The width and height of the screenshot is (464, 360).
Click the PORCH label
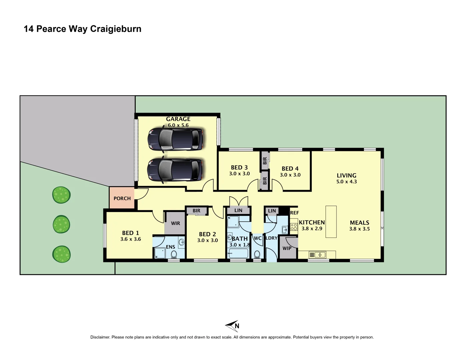click(122, 198)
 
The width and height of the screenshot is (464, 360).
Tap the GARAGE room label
click(178, 119)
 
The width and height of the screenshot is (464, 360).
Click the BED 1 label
click(130, 233)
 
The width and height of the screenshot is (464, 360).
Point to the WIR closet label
click(175, 223)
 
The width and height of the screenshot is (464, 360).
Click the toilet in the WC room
click(257, 254)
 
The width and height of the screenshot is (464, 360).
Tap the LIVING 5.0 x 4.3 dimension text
click(347, 182)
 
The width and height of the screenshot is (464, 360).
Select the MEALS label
click(359, 223)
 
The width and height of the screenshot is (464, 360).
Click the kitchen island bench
click(331, 222)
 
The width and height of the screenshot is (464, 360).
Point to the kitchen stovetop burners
click(294, 227)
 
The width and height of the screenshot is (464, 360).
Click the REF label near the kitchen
click(295, 213)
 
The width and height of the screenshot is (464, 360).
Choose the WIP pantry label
click(287, 248)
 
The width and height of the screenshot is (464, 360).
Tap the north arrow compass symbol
click(233, 326)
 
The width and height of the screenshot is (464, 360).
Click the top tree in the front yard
click(61, 195)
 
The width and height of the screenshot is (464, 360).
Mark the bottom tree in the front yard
click(61, 254)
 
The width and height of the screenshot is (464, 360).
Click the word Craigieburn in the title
click(116, 29)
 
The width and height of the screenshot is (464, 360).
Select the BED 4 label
click(290, 169)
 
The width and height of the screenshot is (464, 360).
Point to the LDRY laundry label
click(272, 238)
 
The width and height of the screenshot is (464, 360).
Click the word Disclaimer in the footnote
click(100, 337)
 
